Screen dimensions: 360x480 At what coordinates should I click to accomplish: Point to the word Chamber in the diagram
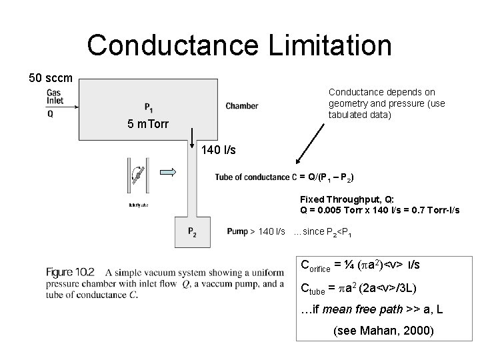[x=241, y=106]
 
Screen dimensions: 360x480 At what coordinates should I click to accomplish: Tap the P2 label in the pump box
[x=191, y=232]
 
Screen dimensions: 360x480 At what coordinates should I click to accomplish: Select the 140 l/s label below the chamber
[x=219, y=151]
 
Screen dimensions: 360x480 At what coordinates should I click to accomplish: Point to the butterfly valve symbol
[x=138, y=175]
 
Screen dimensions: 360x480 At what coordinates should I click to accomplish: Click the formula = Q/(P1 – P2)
[x=327, y=177]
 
